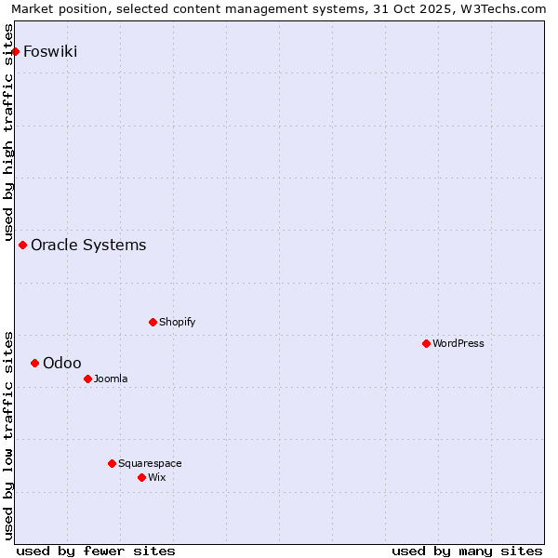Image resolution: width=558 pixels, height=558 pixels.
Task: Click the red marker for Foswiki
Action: point(16,51)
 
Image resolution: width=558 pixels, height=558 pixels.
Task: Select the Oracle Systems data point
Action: point(23,245)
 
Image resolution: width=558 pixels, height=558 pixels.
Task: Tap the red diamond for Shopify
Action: point(153,322)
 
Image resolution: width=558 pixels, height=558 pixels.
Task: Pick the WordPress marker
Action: point(426,343)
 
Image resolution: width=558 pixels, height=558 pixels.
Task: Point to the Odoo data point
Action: point(35,363)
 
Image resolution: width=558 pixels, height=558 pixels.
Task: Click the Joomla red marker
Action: point(87,379)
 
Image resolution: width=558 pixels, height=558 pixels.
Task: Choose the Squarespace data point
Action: point(112,463)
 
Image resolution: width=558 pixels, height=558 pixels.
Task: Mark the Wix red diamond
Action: point(141,477)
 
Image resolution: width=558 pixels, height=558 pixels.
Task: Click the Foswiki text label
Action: point(50,51)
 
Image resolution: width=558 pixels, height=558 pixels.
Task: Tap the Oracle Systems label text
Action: point(88,245)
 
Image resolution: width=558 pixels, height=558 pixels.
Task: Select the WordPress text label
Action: point(458,343)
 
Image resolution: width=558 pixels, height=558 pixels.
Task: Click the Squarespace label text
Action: point(150,463)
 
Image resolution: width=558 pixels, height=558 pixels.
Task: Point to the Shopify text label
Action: point(177,322)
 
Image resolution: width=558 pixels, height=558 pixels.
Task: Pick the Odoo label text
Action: point(62,363)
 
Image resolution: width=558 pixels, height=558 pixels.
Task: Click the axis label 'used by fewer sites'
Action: point(96,551)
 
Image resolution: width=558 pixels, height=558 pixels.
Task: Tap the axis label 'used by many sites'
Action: point(467,551)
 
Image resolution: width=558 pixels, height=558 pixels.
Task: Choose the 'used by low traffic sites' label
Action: point(9,434)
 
